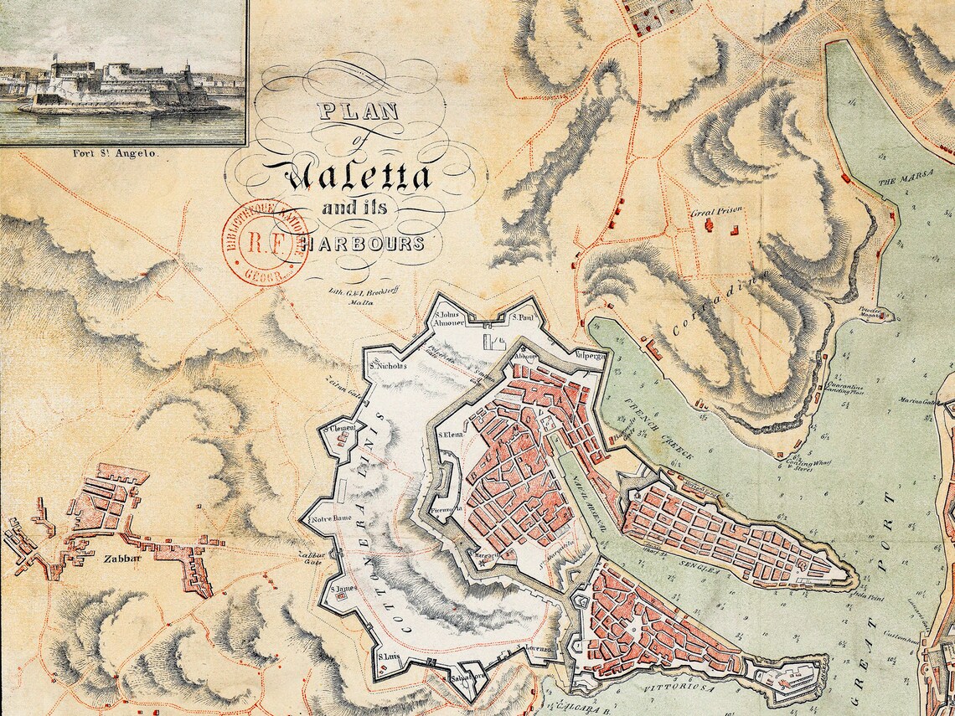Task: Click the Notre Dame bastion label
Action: point(330,519)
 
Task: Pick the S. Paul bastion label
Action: point(525,318)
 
